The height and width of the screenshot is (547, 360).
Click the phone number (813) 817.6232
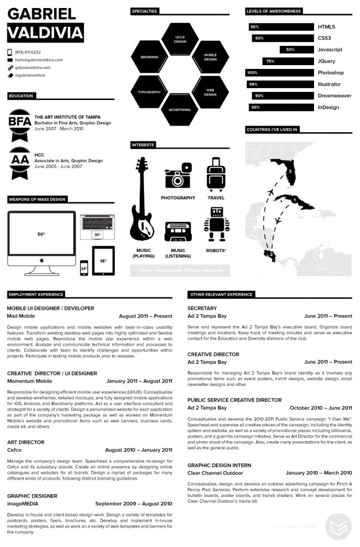pyautogui.click(x=28, y=52)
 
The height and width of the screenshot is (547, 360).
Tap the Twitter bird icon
pyautogui.click(x=10, y=75)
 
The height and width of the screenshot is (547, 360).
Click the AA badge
pyautogui.click(x=20, y=160)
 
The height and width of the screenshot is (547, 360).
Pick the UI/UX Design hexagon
pyautogui.click(x=180, y=38)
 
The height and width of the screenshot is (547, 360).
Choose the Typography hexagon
pyautogui.click(x=149, y=92)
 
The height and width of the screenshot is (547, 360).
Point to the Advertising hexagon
pyautogui.click(x=179, y=110)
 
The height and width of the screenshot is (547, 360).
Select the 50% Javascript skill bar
pyautogui.click(x=296, y=50)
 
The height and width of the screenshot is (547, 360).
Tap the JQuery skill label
pyautogui.click(x=326, y=61)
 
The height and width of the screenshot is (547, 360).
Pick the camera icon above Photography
pyautogui.click(x=178, y=176)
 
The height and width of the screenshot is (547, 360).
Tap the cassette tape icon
pyautogui.click(x=178, y=232)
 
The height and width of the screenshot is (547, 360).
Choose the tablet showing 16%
pyautogui.click(x=103, y=261)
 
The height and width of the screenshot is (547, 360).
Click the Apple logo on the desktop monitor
pyautogui.click(x=42, y=260)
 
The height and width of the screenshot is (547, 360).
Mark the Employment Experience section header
pyautogui.click(x=36, y=294)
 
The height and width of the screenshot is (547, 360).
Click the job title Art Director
pyautogui.click(x=26, y=442)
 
